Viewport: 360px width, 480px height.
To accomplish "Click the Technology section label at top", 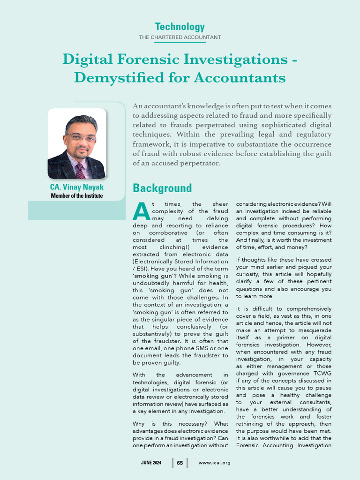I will click(180, 27).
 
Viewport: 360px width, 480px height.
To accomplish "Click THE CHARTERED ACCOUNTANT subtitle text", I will click(180, 37).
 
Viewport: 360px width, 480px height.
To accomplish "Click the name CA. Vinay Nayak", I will click(77, 187).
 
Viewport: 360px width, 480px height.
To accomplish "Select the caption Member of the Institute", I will click(77, 195).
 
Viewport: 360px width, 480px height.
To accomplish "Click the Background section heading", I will click(162, 188).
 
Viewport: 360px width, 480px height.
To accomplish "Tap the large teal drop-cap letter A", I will click(141, 212).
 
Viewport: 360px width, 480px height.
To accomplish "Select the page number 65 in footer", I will click(180, 463).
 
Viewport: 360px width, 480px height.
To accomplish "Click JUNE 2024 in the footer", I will click(151, 463).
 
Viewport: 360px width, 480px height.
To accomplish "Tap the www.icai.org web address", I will click(214, 463).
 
